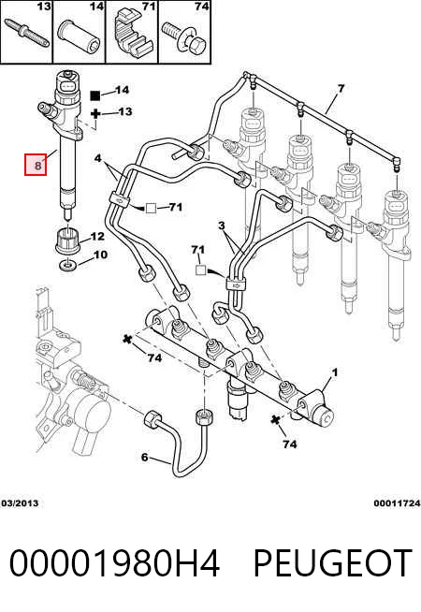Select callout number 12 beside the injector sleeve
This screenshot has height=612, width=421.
tap(97, 236)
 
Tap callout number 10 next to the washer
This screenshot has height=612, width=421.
tap(100, 255)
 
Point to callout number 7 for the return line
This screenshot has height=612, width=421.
tap(341, 89)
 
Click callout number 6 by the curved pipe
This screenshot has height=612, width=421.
tap(144, 457)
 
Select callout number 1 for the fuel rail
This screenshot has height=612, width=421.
tap(334, 372)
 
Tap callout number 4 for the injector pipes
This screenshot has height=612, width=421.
tap(97, 158)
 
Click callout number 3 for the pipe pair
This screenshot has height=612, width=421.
tap(222, 226)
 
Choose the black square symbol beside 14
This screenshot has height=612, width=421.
tap(95, 95)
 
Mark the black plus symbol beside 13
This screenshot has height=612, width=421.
tap(95, 114)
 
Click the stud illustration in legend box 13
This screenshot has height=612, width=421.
tap(27, 32)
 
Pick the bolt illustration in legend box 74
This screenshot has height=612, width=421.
tap(184, 37)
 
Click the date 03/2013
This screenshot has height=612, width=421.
tap(20, 503)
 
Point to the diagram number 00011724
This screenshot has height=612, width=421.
tap(397, 503)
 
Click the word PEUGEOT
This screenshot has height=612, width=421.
tap(333, 562)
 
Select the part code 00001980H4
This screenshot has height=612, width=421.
tap(114, 562)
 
